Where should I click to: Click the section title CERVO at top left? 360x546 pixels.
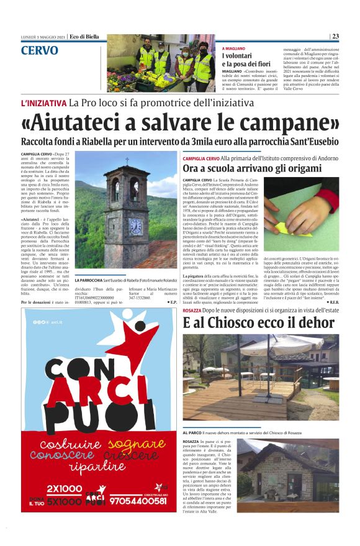[39, 50]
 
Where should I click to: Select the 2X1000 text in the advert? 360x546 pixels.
[65, 488]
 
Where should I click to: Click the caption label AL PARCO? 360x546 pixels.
[193, 432]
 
